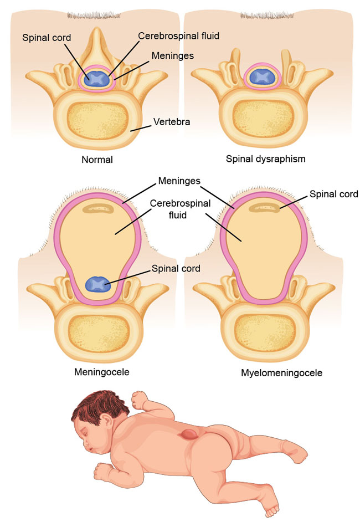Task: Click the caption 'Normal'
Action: pyautogui.click(x=97, y=160)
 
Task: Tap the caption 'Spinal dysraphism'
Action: pyautogui.click(x=265, y=159)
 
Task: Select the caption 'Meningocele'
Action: pyautogui.click(x=102, y=372)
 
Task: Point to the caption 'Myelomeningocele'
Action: pyautogui.click(x=281, y=373)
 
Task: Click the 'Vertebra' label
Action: pyautogui.click(x=172, y=122)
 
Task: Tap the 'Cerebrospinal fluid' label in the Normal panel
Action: pyautogui.click(x=179, y=36)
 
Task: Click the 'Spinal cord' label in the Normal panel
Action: pyautogui.click(x=47, y=38)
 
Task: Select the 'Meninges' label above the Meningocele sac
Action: pyautogui.click(x=179, y=181)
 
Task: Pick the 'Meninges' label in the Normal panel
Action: pyautogui.click(x=173, y=55)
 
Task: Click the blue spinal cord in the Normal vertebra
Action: pyautogui.click(x=97, y=79)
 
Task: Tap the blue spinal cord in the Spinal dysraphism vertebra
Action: pyautogui.click(x=263, y=77)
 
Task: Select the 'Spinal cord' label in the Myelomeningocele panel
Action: pyautogui.click(x=334, y=194)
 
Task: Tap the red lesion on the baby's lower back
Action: pyautogui.click(x=188, y=434)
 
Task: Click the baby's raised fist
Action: pyautogui.click(x=139, y=399)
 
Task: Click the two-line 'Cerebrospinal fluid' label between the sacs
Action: pyautogui.click(x=180, y=209)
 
